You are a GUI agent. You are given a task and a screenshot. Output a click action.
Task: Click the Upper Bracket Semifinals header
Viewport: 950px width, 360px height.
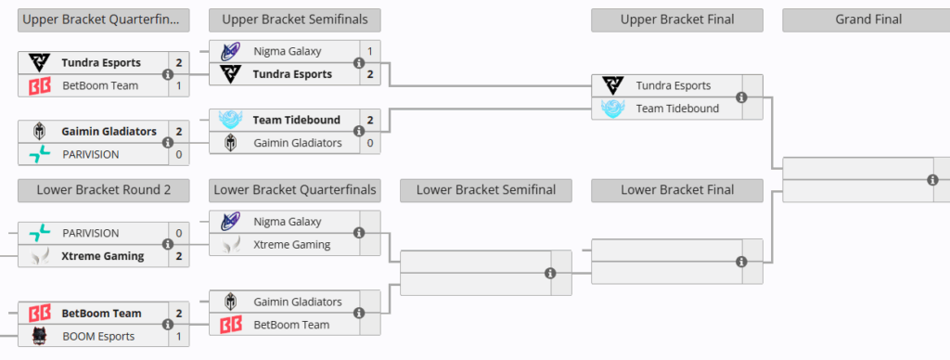click(x=294, y=20)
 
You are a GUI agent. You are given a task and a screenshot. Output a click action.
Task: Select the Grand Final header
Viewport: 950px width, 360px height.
click(x=867, y=20)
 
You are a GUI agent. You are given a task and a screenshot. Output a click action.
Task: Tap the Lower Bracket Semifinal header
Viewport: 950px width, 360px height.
click(x=486, y=190)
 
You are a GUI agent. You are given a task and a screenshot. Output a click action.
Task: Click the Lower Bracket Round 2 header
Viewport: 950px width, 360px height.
click(x=104, y=190)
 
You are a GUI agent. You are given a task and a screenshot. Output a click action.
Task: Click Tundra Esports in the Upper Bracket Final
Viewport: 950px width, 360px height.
click(x=674, y=86)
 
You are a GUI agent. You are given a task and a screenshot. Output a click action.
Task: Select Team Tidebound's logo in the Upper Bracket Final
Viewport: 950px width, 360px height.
click(x=612, y=109)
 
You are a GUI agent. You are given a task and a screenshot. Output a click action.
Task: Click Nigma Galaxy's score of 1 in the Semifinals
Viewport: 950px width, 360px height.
click(x=369, y=52)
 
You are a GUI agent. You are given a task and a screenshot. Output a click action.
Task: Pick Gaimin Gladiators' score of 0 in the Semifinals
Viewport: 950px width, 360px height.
click(x=369, y=144)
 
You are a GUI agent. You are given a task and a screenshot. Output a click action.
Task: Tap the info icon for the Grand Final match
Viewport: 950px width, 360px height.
click(x=933, y=180)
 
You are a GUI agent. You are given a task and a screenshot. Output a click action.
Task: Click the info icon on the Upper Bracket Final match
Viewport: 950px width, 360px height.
click(x=741, y=97)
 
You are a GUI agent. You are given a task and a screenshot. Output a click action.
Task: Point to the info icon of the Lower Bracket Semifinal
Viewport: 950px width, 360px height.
click(x=550, y=274)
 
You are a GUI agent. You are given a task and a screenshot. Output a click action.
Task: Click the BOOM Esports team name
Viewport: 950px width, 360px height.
click(x=98, y=337)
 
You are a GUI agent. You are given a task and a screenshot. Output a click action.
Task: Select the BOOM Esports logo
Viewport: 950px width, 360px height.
click(x=39, y=336)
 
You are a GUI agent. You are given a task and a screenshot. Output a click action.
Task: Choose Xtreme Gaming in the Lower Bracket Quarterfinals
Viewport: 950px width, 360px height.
click(x=292, y=245)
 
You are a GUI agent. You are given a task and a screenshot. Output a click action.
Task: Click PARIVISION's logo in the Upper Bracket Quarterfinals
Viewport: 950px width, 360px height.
click(x=39, y=155)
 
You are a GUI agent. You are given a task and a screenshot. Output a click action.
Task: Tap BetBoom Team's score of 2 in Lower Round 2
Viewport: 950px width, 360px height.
click(x=179, y=314)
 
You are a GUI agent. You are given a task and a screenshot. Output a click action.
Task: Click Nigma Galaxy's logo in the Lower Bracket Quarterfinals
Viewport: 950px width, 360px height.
click(x=230, y=222)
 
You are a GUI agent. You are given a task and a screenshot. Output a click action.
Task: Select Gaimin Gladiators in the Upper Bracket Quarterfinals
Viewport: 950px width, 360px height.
click(x=109, y=132)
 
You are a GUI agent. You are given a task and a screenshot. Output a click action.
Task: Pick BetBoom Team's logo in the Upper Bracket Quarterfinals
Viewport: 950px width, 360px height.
click(x=39, y=86)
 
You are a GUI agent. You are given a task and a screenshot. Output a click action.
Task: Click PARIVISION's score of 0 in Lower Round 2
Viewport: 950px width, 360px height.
click(x=179, y=233)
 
